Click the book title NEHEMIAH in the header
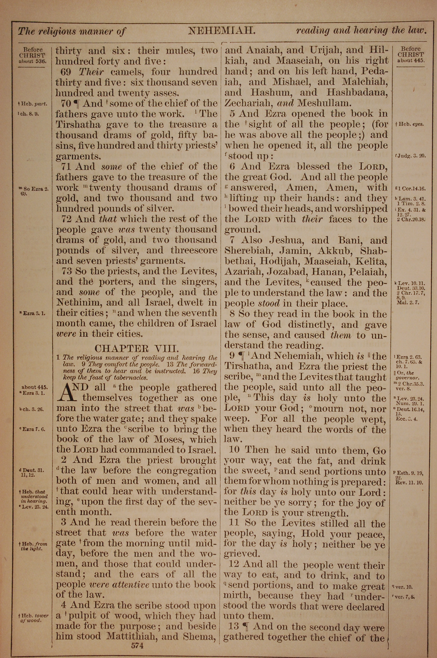point(222,30)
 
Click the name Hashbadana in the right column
point(357,93)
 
